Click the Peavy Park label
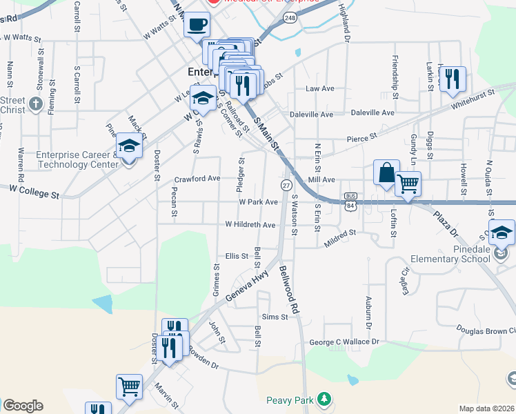click(290, 400)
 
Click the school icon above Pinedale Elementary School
click(502, 233)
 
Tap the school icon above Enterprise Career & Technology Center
click(129, 146)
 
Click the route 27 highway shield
click(286, 185)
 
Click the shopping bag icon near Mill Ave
click(386, 172)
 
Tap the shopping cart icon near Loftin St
click(408, 184)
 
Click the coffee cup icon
click(197, 25)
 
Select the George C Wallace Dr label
click(344, 342)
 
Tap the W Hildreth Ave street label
click(250, 225)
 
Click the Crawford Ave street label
click(197, 178)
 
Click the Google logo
click(23, 406)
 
